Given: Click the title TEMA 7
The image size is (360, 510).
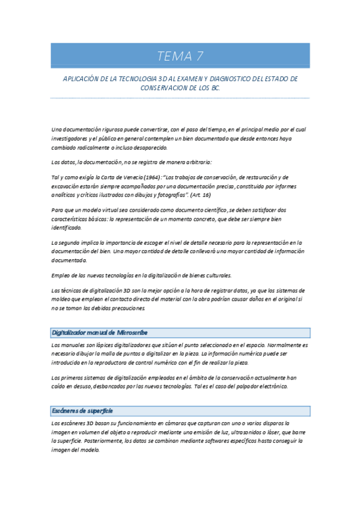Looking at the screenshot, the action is coord(180,57).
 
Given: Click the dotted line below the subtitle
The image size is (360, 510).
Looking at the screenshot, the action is coord(180,98).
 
